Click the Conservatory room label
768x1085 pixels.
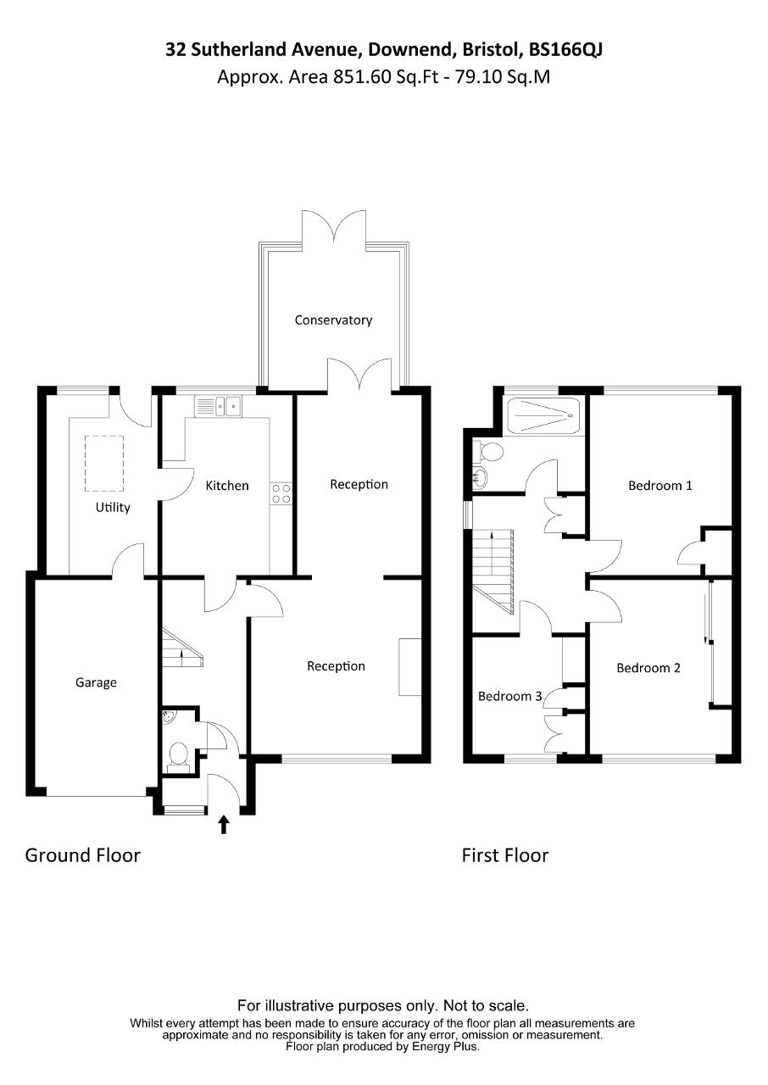[x=333, y=320]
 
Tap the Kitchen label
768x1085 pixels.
[x=227, y=486]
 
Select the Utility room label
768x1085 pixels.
[x=113, y=507]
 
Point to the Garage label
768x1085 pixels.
[x=96, y=682]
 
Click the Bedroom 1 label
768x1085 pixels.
[x=660, y=486]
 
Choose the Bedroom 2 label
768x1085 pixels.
[x=648, y=668]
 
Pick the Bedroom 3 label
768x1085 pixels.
[x=510, y=696]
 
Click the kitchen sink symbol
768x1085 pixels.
[x=218, y=406]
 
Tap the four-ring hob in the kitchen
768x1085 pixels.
[x=281, y=493]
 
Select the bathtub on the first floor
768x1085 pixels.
[x=544, y=415]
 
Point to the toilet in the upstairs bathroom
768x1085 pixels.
[x=489, y=452]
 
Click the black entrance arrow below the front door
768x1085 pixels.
[x=224, y=825]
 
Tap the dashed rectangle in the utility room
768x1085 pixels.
[x=104, y=464]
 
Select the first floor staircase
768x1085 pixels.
[x=493, y=571]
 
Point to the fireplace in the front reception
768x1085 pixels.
[x=410, y=667]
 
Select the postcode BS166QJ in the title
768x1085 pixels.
[x=565, y=49]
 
